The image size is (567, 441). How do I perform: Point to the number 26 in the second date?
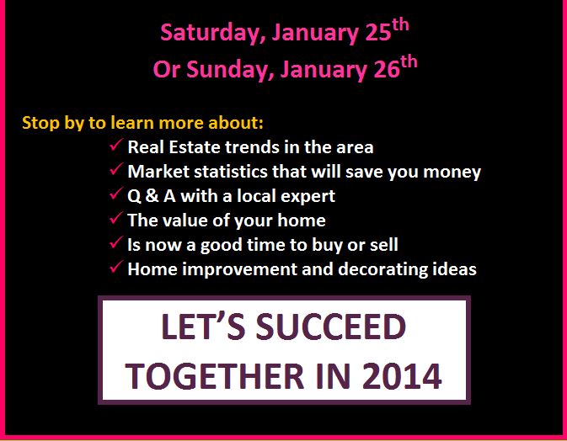[x=387, y=69]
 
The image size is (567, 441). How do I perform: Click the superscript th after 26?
[x=409, y=61]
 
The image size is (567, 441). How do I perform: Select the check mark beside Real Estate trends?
[x=116, y=145]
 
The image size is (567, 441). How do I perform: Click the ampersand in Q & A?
[x=152, y=196]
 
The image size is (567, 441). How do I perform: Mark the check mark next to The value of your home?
[x=116, y=218]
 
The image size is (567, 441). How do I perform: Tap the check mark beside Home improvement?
[x=116, y=267]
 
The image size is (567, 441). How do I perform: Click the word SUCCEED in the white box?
[x=331, y=327]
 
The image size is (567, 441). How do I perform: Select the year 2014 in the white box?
[x=401, y=376]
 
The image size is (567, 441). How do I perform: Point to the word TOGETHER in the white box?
[x=215, y=376]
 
